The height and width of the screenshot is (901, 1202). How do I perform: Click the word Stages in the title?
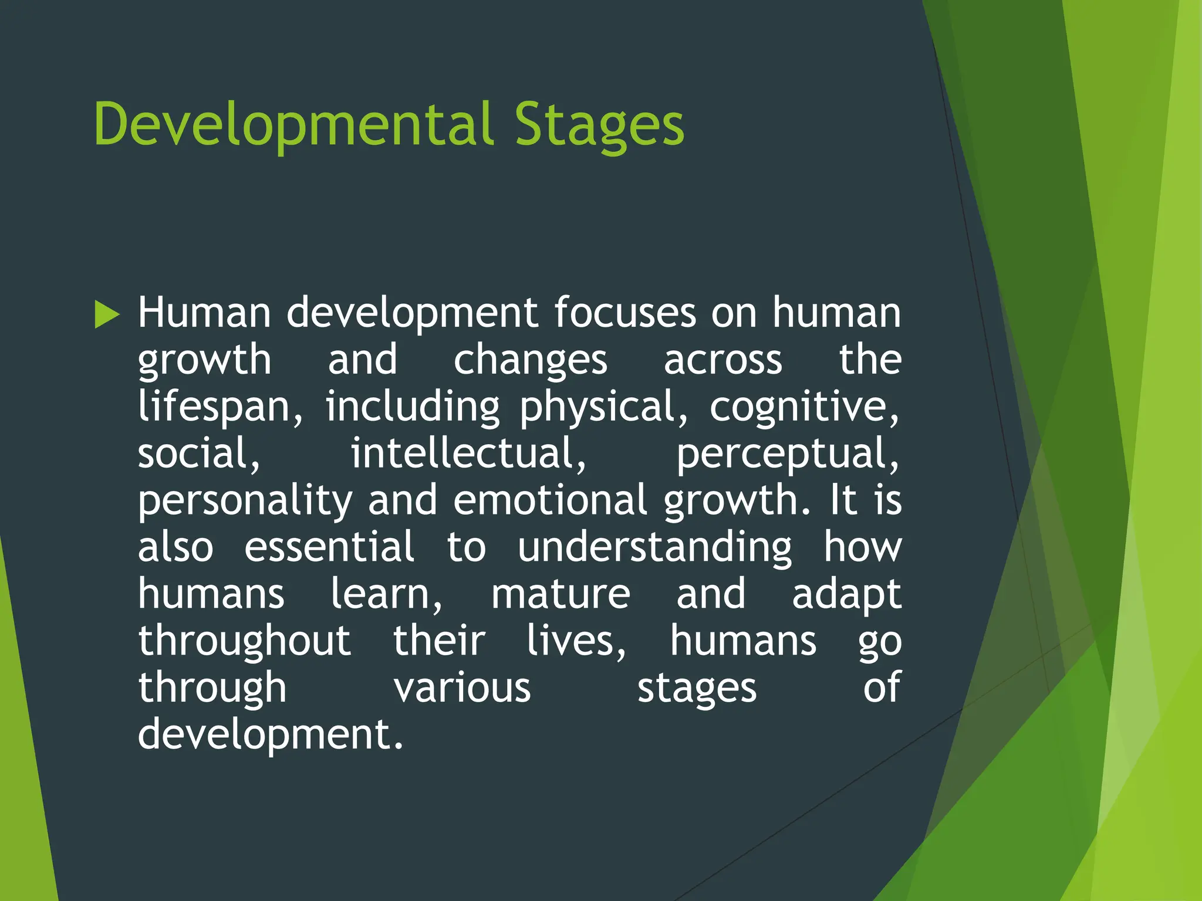click(x=599, y=125)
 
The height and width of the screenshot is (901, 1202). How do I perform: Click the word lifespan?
click(x=221, y=407)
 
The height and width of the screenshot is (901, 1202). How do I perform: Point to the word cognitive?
click(x=804, y=407)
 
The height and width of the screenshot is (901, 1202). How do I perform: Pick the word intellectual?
click(x=468, y=453)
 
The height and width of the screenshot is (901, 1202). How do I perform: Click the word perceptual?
click(x=788, y=453)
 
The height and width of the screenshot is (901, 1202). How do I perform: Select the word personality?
click(x=245, y=500)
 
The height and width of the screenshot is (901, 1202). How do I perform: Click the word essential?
click(x=329, y=547)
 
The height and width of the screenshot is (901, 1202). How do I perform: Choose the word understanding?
click(x=654, y=547)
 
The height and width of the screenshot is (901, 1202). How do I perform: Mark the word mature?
click(x=561, y=594)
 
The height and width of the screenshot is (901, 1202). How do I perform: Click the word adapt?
click(x=846, y=594)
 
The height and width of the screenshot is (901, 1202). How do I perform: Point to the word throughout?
click(x=245, y=641)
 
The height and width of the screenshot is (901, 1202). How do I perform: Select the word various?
click(x=462, y=688)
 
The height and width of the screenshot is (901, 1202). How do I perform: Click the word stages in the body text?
click(x=697, y=688)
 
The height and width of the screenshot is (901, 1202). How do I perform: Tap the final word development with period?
click(x=271, y=735)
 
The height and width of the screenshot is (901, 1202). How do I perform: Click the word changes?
click(x=530, y=360)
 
